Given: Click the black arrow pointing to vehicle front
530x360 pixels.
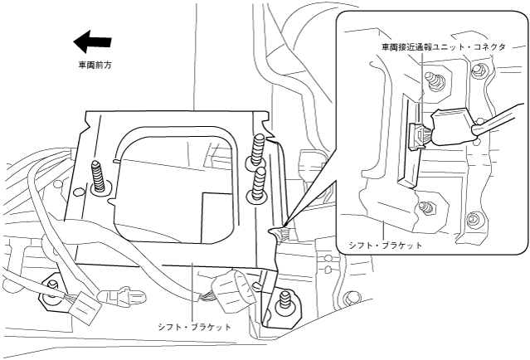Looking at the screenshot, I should [91, 40].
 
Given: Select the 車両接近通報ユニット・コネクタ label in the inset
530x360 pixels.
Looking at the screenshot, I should [443, 47].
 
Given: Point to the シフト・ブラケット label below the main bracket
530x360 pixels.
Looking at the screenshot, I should [194, 327].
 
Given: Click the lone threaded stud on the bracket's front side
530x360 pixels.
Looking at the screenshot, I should [99, 176].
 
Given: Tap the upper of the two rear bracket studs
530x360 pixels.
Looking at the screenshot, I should [259, 150].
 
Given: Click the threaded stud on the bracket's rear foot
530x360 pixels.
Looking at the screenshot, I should [286, 300].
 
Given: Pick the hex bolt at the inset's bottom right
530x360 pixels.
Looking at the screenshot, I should [473, 221].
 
